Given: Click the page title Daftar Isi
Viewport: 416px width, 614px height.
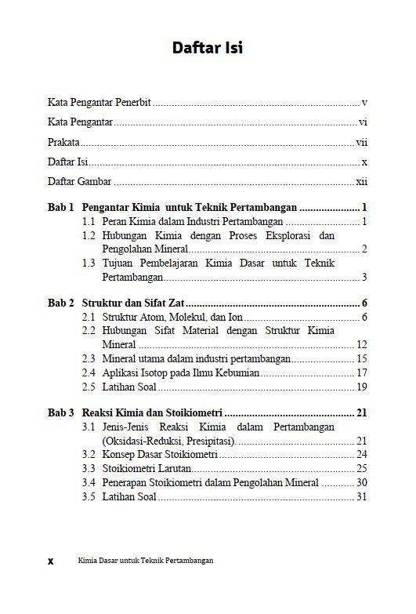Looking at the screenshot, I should click(x=208, y=48).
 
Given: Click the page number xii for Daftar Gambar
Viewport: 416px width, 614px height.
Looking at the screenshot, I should click(x=362, y=181).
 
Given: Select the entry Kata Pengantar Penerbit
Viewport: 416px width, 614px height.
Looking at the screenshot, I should click(x=99, y=102).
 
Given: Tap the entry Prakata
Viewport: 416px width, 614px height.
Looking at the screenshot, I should click(x=63, y=143).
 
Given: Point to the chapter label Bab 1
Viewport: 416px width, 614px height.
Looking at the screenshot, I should click(x=60, y=208).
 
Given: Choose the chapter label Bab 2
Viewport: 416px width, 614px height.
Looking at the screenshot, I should click(x=60, y=303).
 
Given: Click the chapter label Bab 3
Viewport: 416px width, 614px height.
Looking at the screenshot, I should click(x=60, y=412).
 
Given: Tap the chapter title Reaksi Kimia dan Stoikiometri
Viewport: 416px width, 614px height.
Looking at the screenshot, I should click(x=151, y=412).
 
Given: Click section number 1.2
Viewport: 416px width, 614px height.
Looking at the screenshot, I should click(x=89, y=236).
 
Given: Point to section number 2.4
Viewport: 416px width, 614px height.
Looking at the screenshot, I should click(x=89, y=372).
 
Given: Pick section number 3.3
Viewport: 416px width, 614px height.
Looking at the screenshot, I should click(x=89, y=468).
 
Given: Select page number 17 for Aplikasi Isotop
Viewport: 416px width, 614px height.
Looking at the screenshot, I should click(x=362, y=372).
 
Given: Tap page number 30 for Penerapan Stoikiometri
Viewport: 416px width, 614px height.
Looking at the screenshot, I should click(x=362, y=482).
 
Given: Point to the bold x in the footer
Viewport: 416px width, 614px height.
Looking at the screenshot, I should click(x=51, y=561).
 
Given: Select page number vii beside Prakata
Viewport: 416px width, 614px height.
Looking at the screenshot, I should click(x=362, y=143).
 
